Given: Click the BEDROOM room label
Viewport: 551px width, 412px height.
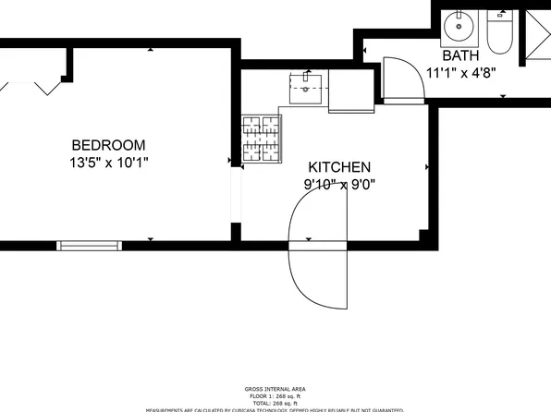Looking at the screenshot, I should pos(109,145).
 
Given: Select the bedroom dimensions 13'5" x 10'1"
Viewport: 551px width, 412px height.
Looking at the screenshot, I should pos(109,163).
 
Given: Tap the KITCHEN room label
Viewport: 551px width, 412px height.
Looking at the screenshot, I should pos(339,167).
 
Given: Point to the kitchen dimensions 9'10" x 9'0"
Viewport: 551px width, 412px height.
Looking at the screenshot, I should pos(339,184).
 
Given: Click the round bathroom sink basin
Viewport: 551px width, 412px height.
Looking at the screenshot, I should pos(458,27).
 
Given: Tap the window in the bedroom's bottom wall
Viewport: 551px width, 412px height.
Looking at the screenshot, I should pos(90,245).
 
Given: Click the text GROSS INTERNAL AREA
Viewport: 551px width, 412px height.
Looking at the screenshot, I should pos(275,389).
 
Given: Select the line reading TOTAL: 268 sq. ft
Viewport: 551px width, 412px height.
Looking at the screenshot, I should pos(275,402).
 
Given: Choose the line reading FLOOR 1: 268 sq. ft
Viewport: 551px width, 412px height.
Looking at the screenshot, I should pos(275,395).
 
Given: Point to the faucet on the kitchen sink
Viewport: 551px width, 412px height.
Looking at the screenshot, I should pos(304,78).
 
